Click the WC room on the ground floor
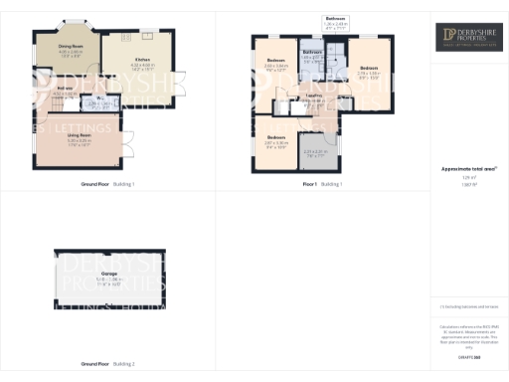tap(101, 100)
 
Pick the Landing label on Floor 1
tap(313, 96)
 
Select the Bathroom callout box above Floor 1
tap(336, 22)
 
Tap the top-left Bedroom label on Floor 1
tap(276, 63)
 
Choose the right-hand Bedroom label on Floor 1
tap(368, 69)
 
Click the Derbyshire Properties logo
tap(468, 38)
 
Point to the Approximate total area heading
tap(467, 170)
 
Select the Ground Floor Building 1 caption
tap(107, 185)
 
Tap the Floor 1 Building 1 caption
tap(322, 185)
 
